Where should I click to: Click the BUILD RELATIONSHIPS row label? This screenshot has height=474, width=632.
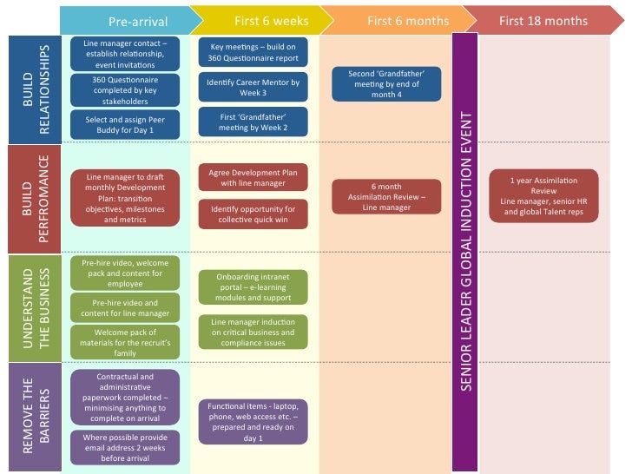pyautogui.click(x=34, y=89)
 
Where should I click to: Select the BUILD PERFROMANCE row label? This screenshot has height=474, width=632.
pyautogui.click(x=34, y=199)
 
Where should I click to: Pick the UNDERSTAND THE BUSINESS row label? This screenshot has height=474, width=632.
pyautogui.click(x=34, y=307)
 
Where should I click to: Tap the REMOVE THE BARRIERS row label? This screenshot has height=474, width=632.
pyautogui.click(x=34, y=417)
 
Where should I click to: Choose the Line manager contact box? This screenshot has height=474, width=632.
pyautogui.click(x=126, y=53)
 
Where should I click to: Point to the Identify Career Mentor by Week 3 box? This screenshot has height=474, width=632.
pyautogui.click(x=253, y=88)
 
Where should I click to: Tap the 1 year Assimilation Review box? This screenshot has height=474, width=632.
pyautogui.click(x=543, y=195)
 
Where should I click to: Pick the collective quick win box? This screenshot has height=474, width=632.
pyautogui.click(x=253, y=214)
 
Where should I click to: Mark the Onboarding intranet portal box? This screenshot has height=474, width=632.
pyautogui.click(x=253, y=286)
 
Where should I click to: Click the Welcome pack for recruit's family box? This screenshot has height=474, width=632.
pyautogui.click(x=126, y=342)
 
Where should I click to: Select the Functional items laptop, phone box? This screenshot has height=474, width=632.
pyautogui.click(x=253, y=421)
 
